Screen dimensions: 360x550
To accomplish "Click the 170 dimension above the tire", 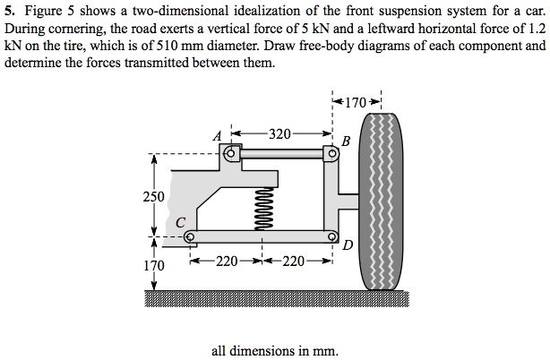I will coord(357,102).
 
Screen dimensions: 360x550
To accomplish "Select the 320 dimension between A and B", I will coord(279,134).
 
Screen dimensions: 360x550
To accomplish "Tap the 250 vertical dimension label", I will coord(153,195).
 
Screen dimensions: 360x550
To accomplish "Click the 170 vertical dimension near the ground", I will coord(153,266).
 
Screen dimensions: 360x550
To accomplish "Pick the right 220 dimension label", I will coord(295,262).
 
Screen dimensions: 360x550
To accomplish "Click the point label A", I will coord(216,136).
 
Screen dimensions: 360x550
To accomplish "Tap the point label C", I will coord(180,221).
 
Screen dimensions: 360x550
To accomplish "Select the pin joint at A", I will coord(231,155).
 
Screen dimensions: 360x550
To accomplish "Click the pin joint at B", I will coord(331,155).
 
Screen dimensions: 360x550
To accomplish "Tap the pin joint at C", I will coord(190,237).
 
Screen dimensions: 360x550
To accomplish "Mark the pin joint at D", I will coord(331,236).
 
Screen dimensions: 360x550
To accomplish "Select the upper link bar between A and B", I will coord(281,155).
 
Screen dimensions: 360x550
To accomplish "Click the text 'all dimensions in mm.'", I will coord(275,350).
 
